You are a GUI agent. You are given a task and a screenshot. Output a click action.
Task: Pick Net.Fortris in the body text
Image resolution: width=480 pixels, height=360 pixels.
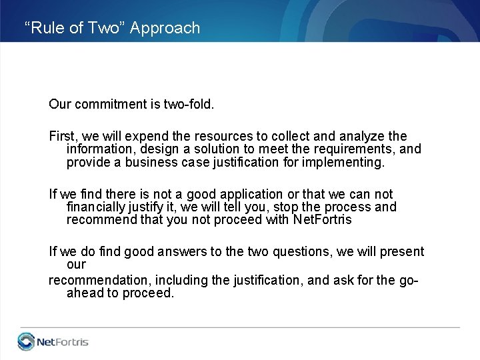coord(322,219)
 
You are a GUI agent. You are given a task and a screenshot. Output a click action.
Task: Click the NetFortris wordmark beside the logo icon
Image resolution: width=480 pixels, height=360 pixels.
coord(63,343)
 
